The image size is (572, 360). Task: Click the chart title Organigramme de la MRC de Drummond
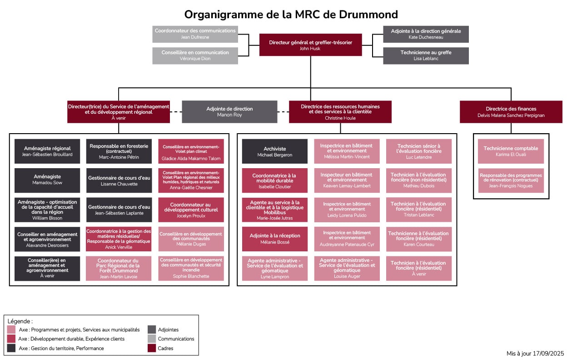click(291, 15)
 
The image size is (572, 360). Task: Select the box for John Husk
click(310, 45)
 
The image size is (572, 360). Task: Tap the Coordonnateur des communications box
click(195, 34)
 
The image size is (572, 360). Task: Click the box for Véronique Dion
click(195, 56)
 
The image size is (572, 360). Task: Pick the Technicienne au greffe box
click(426, 56)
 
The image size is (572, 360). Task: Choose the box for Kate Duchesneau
click(426, 34)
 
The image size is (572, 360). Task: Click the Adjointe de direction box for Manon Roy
click(229, 112)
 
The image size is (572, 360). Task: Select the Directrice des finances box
click(511, 112)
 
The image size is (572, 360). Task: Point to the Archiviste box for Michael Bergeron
click(275, 151)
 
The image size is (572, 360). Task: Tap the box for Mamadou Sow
click(47, 180)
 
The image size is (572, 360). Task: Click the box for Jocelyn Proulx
click(191, 210)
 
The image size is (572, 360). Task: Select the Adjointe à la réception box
click(275, 239)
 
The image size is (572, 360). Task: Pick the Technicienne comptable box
click(511, 151)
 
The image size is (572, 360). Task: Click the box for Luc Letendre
click(419, 151)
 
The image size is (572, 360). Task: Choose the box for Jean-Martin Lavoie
click(119, 269)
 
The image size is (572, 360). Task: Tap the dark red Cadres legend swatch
click(152, 348)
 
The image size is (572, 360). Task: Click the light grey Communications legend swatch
click(152, 339)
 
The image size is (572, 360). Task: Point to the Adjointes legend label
click(168, 330)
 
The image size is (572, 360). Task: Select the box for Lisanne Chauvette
click(119, 180)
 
